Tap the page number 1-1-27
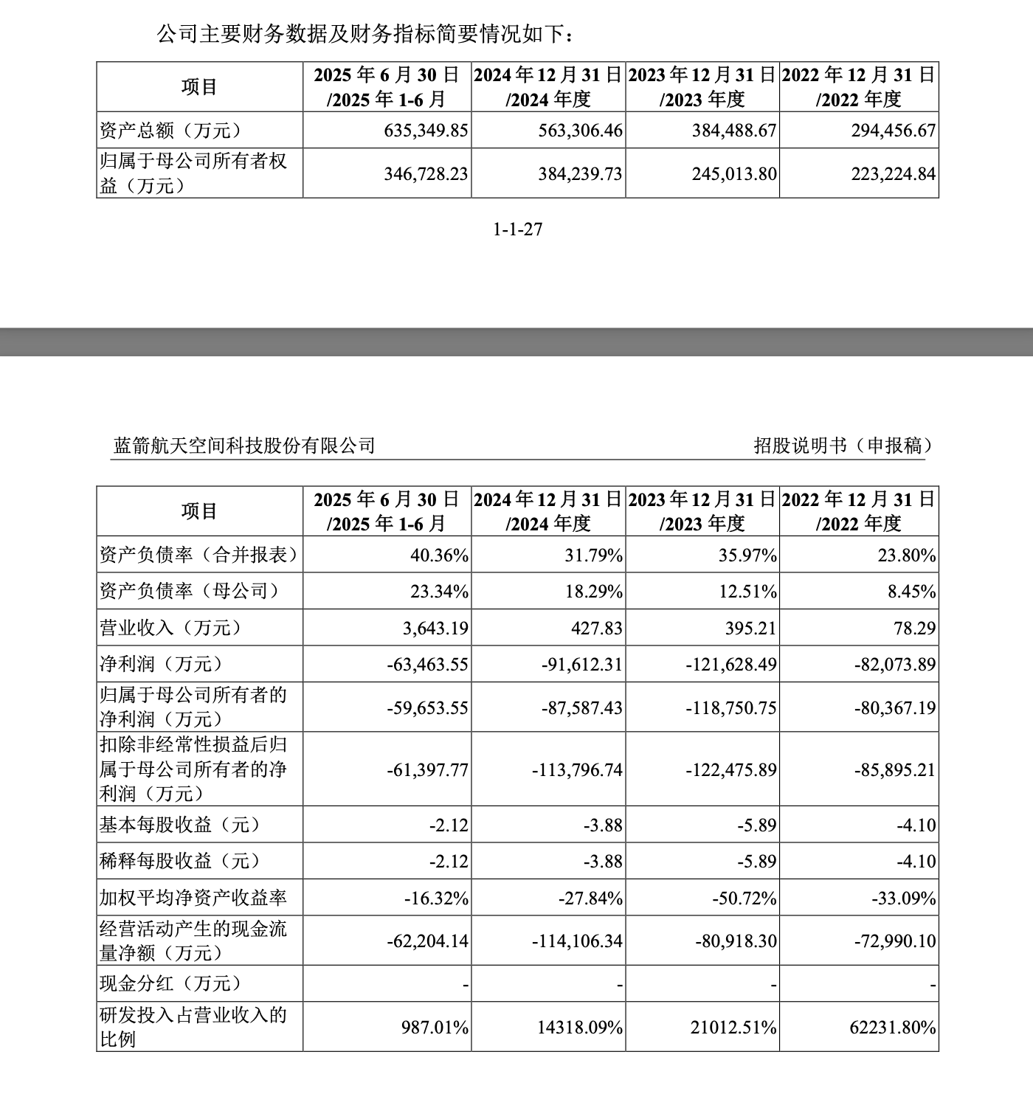[x=517, y=229]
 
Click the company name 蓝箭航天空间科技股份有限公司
[x=243, y=446]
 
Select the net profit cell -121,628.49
[x=731, y=664]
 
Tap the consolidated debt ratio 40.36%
[x=440, y=555]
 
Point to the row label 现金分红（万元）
[x=170, y=983]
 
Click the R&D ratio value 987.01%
[x=435, y=1027]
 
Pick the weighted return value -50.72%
[x=744, y=898]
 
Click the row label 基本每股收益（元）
[x=180, y=824]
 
